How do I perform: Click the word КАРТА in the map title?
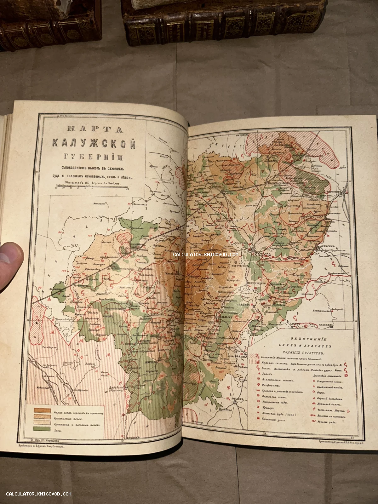tap(94, 129)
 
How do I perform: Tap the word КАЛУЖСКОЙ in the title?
tap(94, 144)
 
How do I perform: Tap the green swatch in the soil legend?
tap(42, 429)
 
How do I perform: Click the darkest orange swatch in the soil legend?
tap(42, 410)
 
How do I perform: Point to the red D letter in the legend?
tap(346, 375)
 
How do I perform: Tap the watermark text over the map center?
tap(205, 255)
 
